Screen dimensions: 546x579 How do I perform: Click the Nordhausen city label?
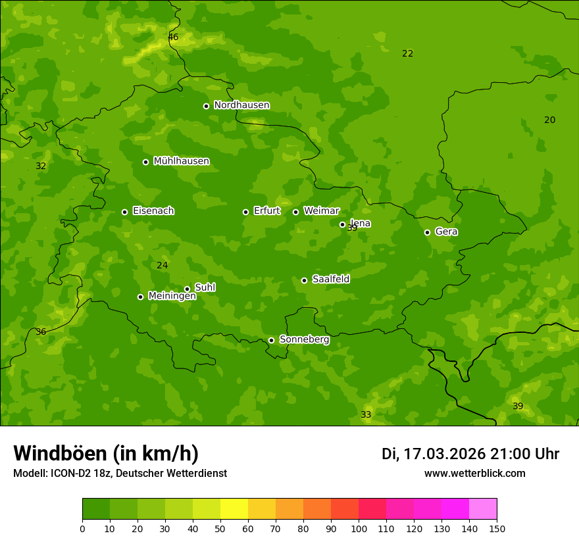241,105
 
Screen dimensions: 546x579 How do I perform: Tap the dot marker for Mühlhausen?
145,162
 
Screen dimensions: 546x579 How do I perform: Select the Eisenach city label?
153,211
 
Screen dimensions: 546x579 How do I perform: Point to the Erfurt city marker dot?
245,212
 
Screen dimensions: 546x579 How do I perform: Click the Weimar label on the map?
321,211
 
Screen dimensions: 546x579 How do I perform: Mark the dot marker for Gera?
427,232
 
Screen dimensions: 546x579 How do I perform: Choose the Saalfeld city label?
330,280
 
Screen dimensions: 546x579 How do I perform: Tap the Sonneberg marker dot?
271,340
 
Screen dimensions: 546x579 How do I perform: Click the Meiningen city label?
172,296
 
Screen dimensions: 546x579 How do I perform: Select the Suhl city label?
205,287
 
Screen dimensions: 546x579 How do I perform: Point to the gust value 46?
173,37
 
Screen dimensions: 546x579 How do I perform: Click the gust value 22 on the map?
408,54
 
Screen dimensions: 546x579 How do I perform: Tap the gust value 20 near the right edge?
549,120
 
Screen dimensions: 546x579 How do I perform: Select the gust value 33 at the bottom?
366,415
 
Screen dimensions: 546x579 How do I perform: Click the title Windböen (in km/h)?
106,453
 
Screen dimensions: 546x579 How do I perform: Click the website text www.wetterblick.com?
474,474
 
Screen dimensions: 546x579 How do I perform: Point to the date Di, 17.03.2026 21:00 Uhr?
470,454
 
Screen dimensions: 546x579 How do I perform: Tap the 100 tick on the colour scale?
359,528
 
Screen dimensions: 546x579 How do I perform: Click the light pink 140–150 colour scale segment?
483,509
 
